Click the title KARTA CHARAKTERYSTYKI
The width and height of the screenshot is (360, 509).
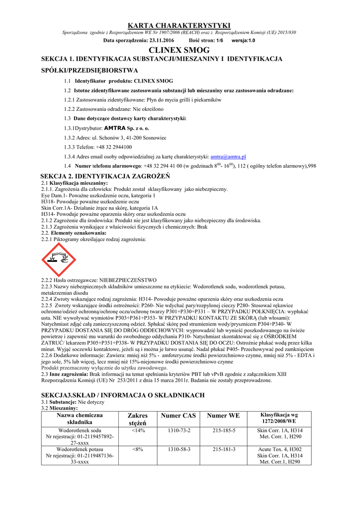180,25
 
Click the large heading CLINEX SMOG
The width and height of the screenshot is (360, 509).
180,50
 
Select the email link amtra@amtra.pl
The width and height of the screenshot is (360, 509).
229,156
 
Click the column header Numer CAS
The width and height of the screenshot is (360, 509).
179,416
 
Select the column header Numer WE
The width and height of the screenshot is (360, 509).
223,416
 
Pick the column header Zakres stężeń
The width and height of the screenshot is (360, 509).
138,419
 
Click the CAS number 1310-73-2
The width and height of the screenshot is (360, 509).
179,430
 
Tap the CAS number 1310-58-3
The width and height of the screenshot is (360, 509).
179,449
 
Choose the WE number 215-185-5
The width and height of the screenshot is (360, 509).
224,430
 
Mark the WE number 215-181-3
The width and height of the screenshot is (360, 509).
224,449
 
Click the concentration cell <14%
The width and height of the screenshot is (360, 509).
138,430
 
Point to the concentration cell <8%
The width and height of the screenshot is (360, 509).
138,449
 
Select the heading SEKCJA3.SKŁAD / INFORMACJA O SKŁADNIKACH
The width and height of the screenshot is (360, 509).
123,395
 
